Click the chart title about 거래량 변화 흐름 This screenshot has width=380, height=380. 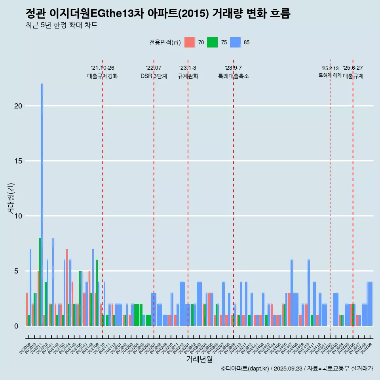pos(158,14)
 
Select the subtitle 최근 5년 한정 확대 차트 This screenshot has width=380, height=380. pos(61,25)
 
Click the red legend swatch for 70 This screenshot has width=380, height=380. pos(190,42)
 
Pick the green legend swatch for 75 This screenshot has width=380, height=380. pos(213,42)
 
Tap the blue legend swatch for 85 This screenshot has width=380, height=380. pos(236,42)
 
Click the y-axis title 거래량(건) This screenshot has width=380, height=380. pos(11,199)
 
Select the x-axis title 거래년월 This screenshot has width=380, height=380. pos(199,359)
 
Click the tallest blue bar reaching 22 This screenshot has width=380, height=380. pos(42,198)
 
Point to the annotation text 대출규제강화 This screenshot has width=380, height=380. pos(103,76)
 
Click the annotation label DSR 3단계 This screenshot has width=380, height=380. pos(154,76)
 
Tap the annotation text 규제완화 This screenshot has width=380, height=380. pos(188,76)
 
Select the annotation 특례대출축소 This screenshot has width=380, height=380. pos(233,76)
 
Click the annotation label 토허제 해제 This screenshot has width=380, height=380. pos(330,75)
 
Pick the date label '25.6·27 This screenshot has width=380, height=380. pos(353,68)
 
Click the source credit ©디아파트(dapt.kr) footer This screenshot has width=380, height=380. pos(297,369)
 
